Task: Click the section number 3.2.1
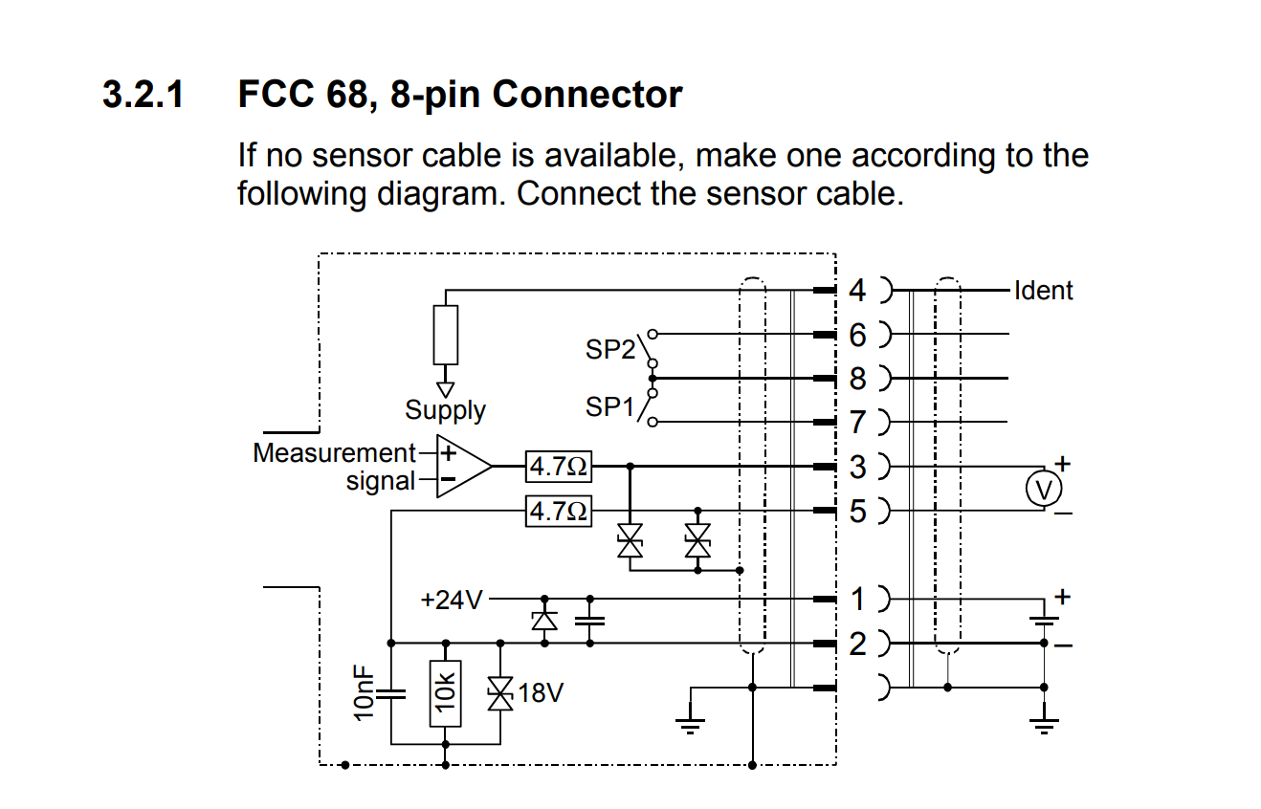coord(143,95)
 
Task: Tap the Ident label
coord(1043,291)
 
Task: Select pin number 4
coord(857,289)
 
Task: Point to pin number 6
coord(857,335)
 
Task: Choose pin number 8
coord(857,379)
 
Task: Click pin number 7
coord(857,422)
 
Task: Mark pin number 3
coord(857,467)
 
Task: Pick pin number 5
coord(857,512)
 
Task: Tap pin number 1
coord(857,600)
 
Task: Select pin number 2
coord(857,644)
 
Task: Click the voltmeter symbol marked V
coord(1044,490)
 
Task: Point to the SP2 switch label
coord(609,350)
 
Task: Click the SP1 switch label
coord(609,408)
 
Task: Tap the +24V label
coord(452,601)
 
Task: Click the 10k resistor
coord(446,693)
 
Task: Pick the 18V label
coord(541,693)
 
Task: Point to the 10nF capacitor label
coord(365,693)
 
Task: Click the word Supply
coord(445,410)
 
